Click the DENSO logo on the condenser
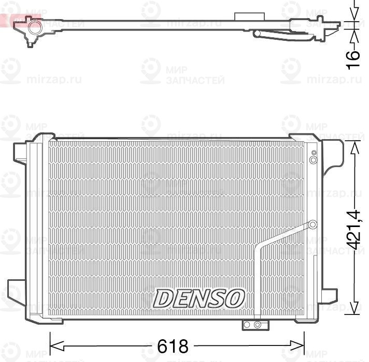click(199, 298)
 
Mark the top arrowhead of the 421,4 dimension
click(354, 148)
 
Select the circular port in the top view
click(34, 27)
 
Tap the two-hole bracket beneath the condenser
click(254, 324)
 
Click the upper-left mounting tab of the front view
click(20, 152)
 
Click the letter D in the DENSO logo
click(163, 298)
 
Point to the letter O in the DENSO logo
click(235, 298)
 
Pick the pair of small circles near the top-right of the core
click(313, 157)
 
